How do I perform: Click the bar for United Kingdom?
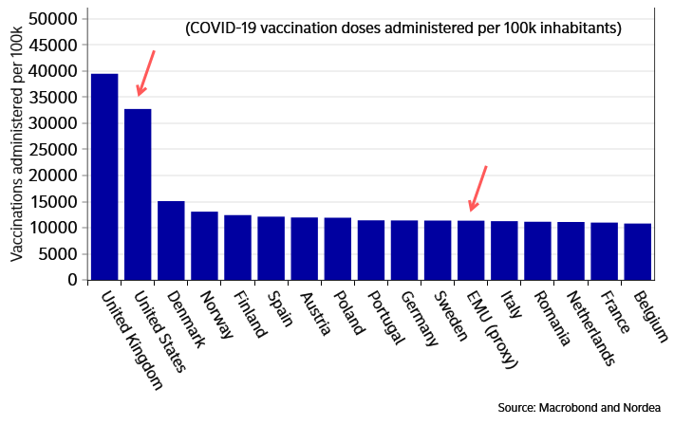(x=104, y=176)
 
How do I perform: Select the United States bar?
(x=138, y=194)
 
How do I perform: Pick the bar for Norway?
(x=204, y=246)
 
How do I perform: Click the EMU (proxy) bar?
(x=471, y=250)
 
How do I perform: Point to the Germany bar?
(x=404, y=250)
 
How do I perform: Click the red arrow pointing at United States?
(x=145, y=73)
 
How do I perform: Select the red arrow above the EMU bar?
(x=477, y=189)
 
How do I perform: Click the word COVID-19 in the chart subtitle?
(x=225, y=28)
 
